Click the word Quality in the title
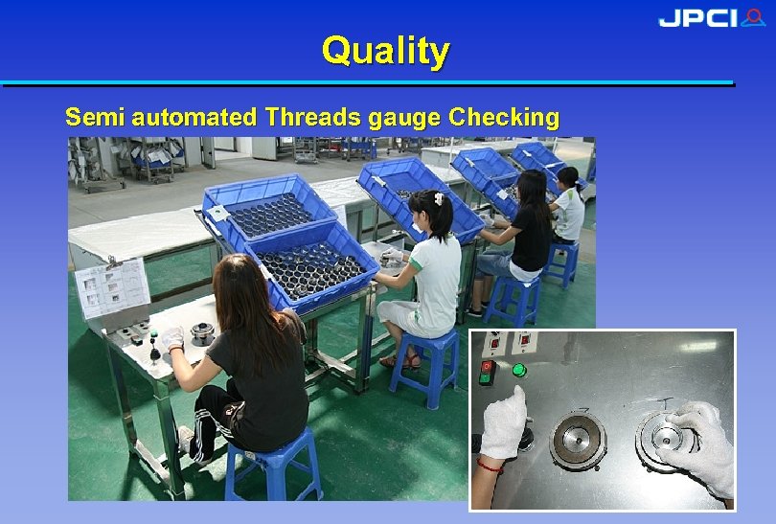tap(385, 50)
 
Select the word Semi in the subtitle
tap(95, 118)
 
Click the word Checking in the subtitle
tap(504, 118)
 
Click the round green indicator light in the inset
tap(519, 370)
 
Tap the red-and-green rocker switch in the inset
tap(486, 372)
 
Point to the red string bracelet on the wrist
tap(491, 467)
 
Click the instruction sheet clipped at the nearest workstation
tap(112, 285)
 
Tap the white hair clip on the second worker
tap(437, 197)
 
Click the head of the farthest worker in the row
tap(568, 177)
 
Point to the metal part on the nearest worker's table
tap(201, 332)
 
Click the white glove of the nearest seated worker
tap(172, 338)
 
